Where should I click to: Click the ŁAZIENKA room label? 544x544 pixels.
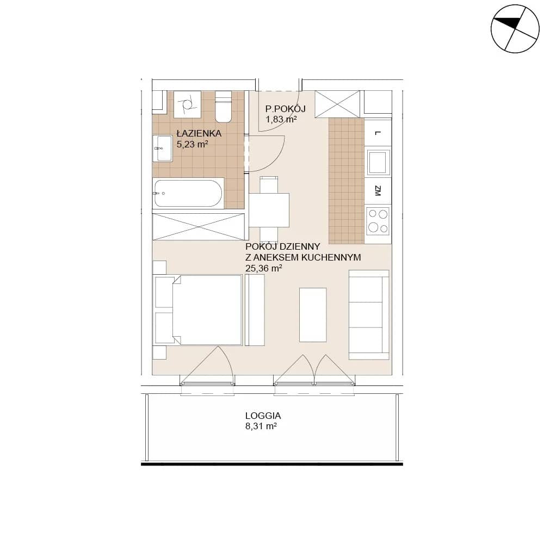tap(199, 133)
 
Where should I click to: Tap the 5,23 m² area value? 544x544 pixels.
tap(192, 144)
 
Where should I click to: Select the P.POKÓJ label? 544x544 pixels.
tap(285, 109)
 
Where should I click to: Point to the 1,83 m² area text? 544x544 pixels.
tap(281, 119)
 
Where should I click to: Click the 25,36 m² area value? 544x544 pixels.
tap(263, 268)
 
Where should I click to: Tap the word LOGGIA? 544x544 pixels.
tap(263, 416)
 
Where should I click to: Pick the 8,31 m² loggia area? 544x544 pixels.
tap(261, 426)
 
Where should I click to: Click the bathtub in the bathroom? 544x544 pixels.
tap(188, 193)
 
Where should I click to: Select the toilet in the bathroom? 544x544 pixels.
tap(223, 107)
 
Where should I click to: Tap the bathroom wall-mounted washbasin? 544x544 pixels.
tap(163, 149)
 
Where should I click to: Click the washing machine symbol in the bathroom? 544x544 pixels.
tap(187, 104)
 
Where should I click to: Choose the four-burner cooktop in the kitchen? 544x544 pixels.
tap(378, 221)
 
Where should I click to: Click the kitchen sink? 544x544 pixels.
tap(379, 162)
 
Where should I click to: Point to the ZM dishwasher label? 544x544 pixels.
tap(378, 191)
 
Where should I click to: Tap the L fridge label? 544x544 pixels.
tap(378, 133)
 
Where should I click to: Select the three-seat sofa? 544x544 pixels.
tap(369, 314)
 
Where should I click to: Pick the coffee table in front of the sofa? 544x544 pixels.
tap(313, 314)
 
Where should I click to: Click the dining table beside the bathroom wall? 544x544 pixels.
tap(269, 210)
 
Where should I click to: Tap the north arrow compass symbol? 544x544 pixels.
tap(515, 29)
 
